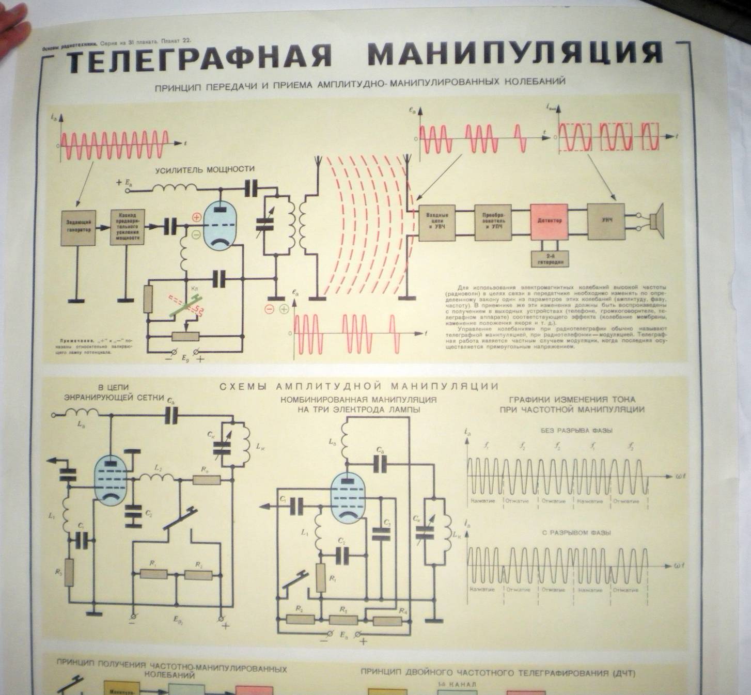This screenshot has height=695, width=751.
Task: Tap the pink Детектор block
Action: pyautogui.click(x=549, y=220)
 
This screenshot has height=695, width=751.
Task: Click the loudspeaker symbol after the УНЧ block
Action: pyautogui.click(x=656, y=221)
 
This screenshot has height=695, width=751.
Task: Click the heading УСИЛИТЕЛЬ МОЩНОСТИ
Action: pyautogui.click(x=205, y=169)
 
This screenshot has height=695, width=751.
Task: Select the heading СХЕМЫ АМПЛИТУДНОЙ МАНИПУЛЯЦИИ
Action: pyautogui.click(x=359, y=386)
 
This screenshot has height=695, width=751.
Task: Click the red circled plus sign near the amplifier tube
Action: pyautogui.click(x=196, y=217)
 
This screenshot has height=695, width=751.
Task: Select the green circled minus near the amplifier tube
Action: pyautogui.click(x=196, y=235)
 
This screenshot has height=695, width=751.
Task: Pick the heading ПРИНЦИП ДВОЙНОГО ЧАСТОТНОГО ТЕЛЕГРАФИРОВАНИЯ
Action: pyautogui.click(x=498, y=673)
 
